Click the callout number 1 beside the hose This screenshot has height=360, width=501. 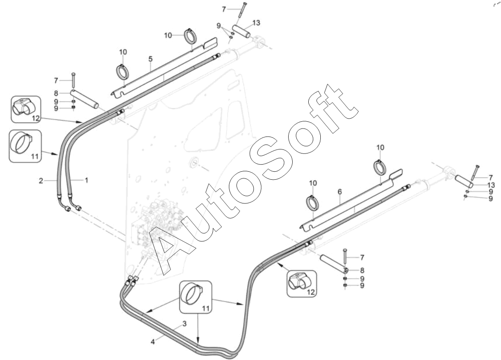[x=87, y=180]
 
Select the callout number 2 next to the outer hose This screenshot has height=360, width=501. [x=41, y=181]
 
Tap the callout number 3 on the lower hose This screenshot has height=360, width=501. [x=183, y=323]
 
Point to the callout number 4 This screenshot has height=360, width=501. [x=153, y=342]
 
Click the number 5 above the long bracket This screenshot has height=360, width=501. [x=150, y=59]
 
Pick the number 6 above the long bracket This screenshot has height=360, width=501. [x=340, y=191]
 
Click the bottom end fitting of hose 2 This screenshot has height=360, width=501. [x=66, y=209]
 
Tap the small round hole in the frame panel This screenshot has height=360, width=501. [x=195, y=162]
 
